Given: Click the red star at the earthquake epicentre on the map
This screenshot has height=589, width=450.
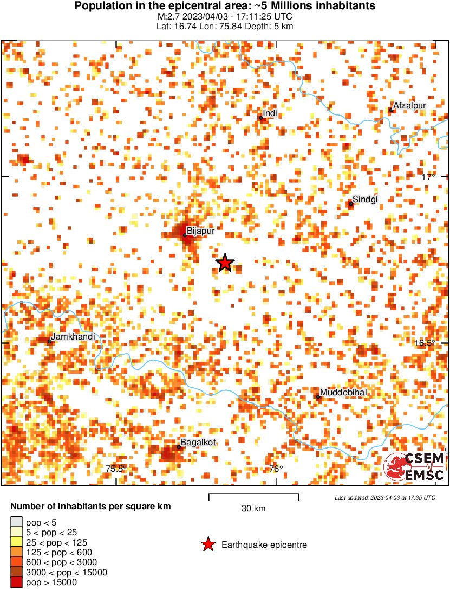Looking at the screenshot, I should pos(225,263).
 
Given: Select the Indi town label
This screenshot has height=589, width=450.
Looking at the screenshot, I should pos(270,113).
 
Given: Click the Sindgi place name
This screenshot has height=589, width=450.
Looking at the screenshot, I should pos(364,199).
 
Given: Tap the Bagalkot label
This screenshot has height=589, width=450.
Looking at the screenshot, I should pos(198,443).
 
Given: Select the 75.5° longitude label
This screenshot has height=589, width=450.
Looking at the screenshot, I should pos(115,469).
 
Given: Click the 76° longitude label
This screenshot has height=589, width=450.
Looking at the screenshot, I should pos(276,469).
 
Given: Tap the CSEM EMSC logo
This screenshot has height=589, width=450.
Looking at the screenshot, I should pos(415,467).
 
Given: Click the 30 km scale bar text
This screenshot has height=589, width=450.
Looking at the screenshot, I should pos(253,509).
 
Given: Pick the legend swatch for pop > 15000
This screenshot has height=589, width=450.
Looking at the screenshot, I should pos(16,582).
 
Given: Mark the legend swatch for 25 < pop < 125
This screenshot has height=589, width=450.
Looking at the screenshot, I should pos(16,542).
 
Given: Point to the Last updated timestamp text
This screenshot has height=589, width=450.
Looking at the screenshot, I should pos(384,497).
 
